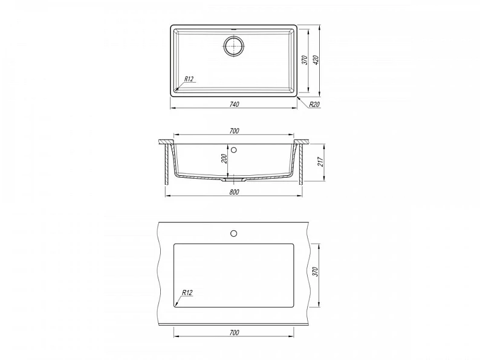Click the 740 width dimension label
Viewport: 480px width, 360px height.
tap(234, 104)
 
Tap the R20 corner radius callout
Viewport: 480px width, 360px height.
tap(314, 104)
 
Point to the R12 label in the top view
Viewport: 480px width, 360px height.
tap(189, 79)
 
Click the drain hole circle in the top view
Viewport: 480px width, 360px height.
tap(234, 46)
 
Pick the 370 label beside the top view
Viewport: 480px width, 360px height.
tap(305, 60)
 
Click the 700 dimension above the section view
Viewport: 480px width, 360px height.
tap(234, 131)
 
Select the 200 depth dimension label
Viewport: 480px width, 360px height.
tap(225, 158)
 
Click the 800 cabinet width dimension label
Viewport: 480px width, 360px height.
tap(234, 192)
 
